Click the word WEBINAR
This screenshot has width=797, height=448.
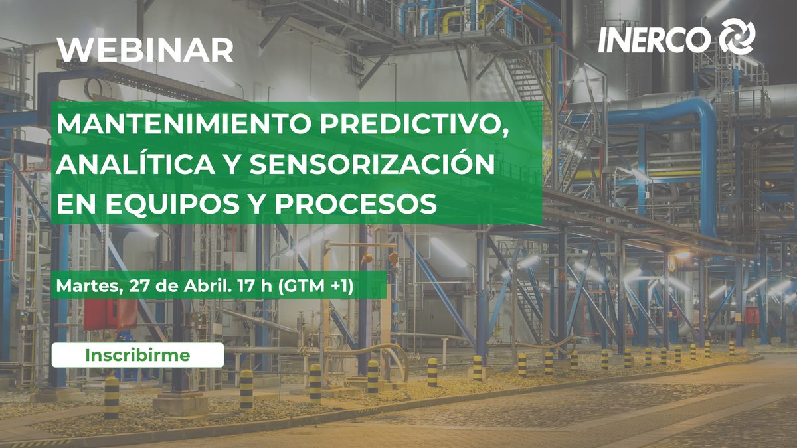(x=145, y=50)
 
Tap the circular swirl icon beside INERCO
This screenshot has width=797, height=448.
(x=737, y=37)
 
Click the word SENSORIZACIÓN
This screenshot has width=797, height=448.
(x=371, y=165)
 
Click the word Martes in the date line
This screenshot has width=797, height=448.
(x=82, y=286)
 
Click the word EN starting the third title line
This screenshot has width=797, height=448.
(x=71, y=204)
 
